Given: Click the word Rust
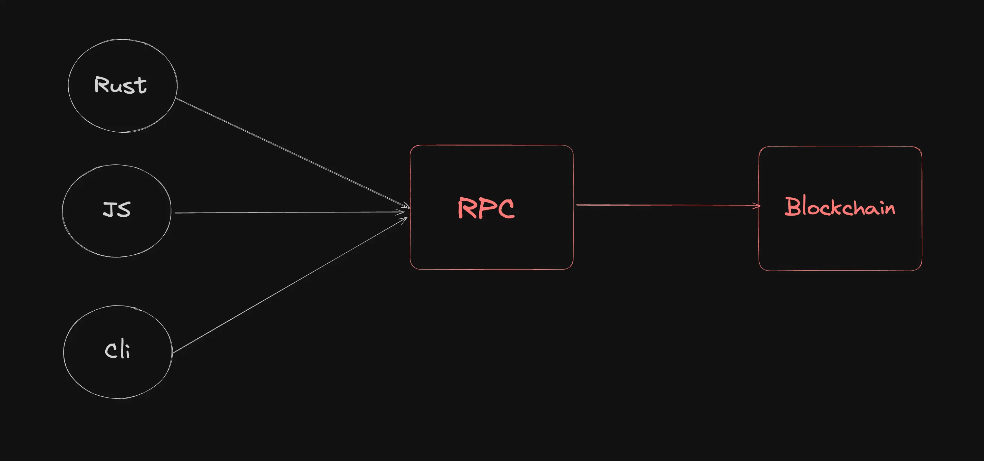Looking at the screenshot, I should click(120, 85).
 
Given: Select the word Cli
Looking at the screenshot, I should click(117, 350).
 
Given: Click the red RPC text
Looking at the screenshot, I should click(486, 208).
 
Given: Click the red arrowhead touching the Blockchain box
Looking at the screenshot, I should click(757, 206).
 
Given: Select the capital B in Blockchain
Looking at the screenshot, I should click(792, 206).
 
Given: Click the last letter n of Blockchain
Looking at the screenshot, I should click(890, 209).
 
